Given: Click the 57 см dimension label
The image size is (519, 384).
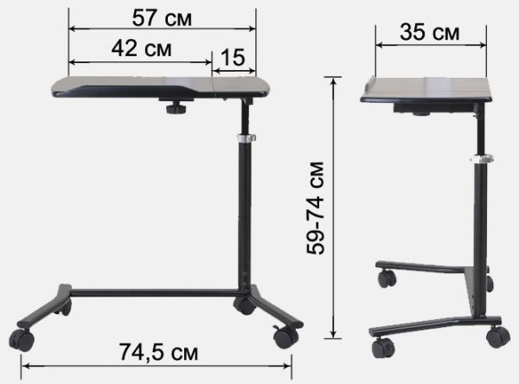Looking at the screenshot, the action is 162,18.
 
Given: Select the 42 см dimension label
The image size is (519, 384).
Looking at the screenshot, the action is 141,48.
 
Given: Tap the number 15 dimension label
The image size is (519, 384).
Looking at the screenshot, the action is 233,57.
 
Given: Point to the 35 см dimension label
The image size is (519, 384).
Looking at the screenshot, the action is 430,33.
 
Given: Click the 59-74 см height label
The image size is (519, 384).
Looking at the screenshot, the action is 316,208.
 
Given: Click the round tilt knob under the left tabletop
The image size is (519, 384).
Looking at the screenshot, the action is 176,108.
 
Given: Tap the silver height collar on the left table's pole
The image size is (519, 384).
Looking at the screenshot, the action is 247,138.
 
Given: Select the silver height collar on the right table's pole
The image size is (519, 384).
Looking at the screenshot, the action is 482,158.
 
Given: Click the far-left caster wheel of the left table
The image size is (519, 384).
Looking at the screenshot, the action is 22,340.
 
